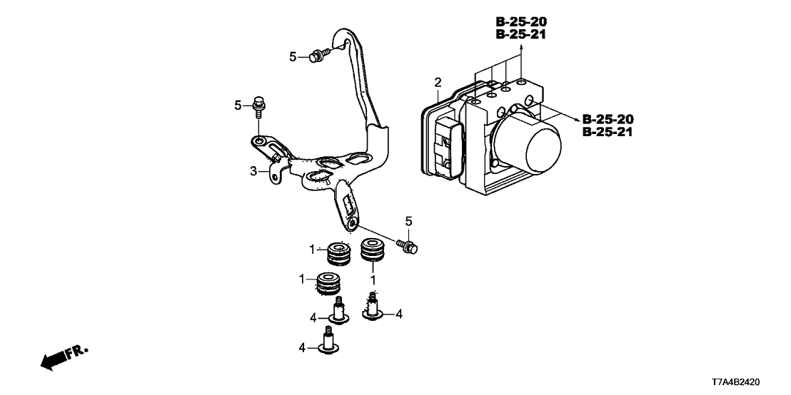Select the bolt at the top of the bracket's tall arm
point(318,54)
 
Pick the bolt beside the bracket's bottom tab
point(408,247)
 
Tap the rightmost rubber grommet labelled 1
point(372,251)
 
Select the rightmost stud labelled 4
point(373,308)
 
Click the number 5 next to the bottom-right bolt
point(409,222)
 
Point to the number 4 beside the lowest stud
point(303,348)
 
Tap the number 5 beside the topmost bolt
point(292,56)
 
